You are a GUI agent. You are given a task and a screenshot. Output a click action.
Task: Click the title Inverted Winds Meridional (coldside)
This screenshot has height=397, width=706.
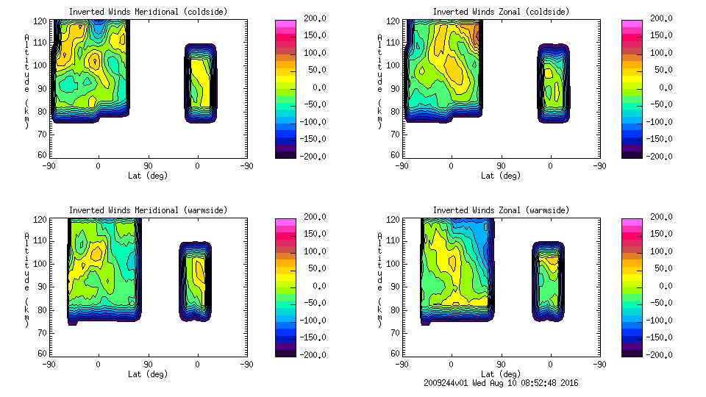pos(147,12)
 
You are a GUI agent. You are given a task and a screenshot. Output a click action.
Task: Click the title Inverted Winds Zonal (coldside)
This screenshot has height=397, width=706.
pos(501,12)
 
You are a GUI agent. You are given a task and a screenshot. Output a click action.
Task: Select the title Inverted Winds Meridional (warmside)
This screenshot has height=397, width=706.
pos(148,210)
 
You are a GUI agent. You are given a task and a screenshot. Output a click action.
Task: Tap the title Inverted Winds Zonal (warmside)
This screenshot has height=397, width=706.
pos(501,210)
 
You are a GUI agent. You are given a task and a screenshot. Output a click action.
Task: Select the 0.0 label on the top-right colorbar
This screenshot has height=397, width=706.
pos(664,87)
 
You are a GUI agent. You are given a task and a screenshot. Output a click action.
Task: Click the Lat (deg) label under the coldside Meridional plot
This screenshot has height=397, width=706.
pos(148,176)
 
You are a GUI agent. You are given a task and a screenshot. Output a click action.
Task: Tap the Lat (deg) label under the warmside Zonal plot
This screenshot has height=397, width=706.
pos(501,374)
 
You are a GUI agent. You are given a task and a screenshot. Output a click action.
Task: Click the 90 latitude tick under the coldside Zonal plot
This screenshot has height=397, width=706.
pos(502,165)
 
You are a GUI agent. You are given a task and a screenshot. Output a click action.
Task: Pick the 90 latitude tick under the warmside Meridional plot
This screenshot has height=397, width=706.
pos(148,364)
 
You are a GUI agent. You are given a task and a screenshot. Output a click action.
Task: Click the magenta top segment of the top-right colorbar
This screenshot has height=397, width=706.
pos(632,24)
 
